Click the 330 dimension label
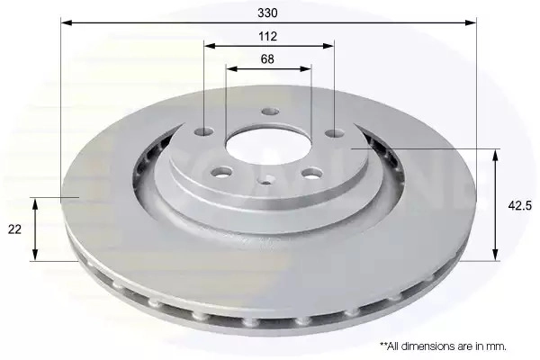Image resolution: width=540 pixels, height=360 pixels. click(267, 13)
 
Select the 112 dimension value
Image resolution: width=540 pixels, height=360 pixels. click(267, 36)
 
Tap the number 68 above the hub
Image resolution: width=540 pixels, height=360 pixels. click(267, 59)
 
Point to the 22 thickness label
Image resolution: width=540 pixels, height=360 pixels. click(14, 229)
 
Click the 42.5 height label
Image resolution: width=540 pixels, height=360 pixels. click(520, 206)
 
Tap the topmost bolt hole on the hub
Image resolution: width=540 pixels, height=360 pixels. click(270, 112)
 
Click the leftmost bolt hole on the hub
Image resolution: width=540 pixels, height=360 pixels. click(204, 131)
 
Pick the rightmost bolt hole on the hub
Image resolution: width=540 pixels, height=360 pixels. click(335, 133)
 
